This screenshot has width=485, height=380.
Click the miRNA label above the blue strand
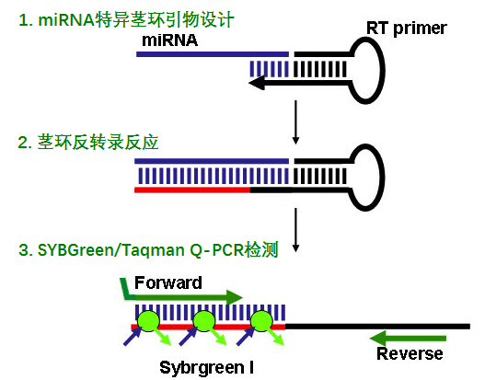[169, 40]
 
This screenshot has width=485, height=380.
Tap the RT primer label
[407, 29]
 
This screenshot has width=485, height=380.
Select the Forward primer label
[168, 282]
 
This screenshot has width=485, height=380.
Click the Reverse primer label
[410, 353]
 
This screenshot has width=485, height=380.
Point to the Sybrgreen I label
[207, 368]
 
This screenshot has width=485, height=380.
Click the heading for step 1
[126, 20]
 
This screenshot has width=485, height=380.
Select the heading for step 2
[88, 143]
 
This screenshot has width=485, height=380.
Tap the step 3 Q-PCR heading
[148, 250]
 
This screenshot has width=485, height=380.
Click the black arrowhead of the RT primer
[257, 83]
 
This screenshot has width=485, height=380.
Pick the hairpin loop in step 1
[384, 71]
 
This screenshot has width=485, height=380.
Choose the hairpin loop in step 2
[384, 178]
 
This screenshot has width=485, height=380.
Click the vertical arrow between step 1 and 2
[295, 122]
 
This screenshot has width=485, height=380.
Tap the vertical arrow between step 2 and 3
[295, 230]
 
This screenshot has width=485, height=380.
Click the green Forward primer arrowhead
[235, 297]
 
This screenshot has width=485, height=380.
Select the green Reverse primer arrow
[408, 338]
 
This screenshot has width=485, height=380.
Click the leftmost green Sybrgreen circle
[148, 321]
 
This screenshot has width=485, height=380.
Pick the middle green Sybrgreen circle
[204, 321]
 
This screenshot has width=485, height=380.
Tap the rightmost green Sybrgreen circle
[261, 321]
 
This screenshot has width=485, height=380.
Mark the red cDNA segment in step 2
[192, 190]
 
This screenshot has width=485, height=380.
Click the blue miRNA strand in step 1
[213, 54]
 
